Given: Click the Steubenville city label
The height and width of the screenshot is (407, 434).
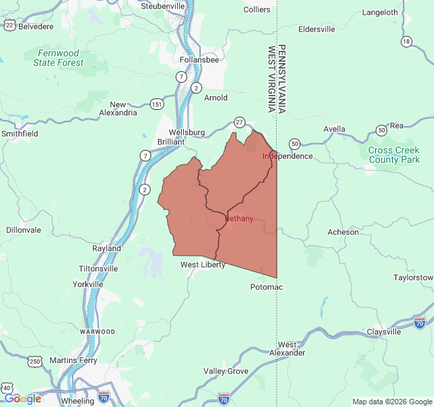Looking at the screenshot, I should pos(163,6).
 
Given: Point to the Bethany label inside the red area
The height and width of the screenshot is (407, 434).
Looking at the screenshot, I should pos(239,218).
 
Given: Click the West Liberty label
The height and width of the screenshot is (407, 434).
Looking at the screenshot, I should pos(203,265).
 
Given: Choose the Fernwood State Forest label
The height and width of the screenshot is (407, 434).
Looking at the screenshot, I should pos(59,58).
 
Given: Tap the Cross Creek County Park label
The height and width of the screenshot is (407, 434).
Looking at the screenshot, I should pos(394,155).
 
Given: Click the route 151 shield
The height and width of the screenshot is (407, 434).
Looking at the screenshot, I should pos(157,104).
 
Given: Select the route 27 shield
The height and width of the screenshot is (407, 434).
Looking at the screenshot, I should pos(239,122).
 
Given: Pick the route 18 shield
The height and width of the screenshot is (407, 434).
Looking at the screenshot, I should pos(406,41).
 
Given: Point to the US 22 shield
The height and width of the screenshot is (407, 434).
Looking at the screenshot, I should pos(9,24).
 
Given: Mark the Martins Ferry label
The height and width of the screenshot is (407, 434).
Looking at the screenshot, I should pos(73,360).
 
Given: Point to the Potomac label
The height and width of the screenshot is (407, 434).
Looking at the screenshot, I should pos(267,287).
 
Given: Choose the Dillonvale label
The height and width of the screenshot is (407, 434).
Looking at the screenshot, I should pos(24,230).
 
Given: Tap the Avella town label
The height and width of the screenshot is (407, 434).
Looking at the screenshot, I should pos(334,129).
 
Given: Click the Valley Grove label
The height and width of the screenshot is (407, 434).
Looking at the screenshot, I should pos(226,371).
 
